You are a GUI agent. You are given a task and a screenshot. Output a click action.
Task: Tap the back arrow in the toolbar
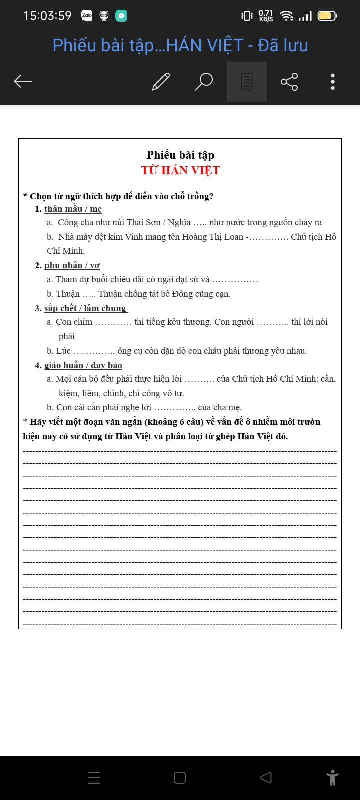23,81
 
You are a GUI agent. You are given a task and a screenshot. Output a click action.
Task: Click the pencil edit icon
161,81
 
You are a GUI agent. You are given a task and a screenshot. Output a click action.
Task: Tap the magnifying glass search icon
203,81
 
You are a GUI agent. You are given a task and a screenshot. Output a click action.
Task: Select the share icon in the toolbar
289,81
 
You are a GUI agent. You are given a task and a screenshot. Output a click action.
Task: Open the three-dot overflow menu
332,81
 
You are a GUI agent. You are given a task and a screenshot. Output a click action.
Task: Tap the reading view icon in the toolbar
247,81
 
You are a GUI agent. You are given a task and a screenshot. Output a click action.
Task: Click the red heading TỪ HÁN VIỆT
180,170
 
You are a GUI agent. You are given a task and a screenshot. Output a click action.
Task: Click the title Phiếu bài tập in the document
180,155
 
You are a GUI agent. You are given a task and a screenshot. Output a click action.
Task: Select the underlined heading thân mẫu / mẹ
73,209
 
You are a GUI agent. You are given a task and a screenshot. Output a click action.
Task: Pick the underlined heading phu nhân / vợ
72,265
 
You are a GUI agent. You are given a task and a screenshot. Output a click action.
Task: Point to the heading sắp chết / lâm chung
85,308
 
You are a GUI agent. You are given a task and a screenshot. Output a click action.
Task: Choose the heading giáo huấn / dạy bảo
83,365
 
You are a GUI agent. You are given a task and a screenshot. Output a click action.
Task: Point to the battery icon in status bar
327,16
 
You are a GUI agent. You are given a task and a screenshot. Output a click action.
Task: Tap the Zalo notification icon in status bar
87,16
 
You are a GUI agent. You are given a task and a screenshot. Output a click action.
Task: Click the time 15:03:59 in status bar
48,16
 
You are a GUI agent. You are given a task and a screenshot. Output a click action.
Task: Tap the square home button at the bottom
180,778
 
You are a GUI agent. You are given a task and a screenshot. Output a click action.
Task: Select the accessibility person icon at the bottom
332,778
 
